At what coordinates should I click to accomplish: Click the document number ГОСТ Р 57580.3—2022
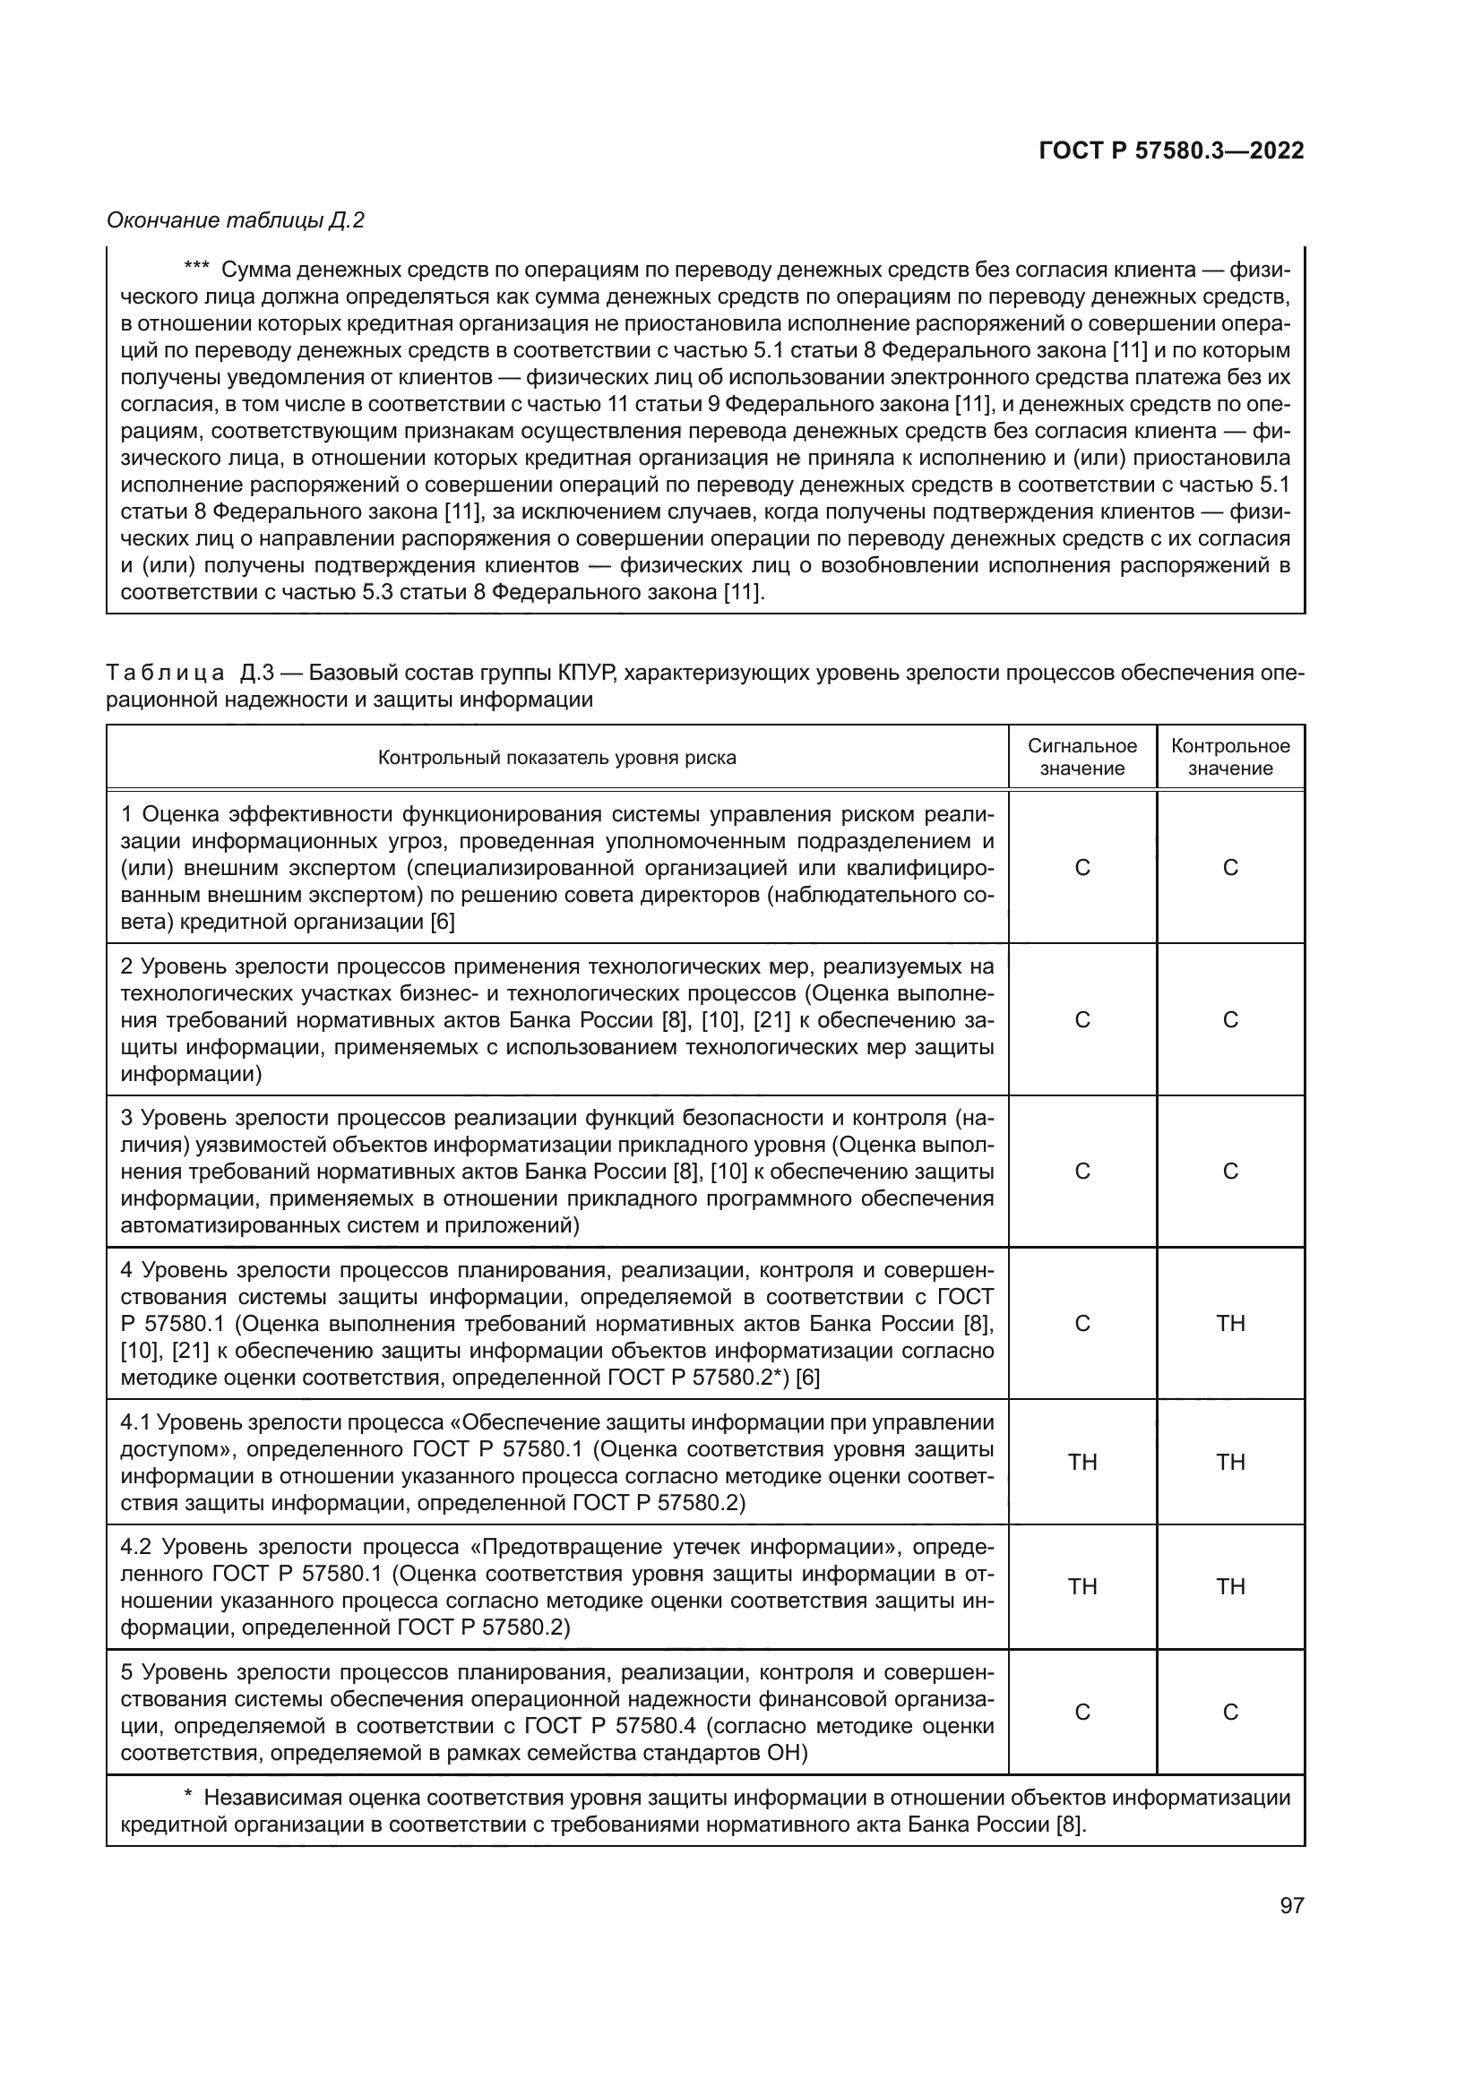1171,151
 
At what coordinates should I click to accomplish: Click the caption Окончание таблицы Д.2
236,220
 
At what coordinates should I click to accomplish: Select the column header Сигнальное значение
1082,757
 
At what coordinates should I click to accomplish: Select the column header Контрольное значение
1230,757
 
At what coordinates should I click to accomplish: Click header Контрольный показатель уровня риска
556,758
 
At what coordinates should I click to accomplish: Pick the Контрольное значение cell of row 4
1230,1323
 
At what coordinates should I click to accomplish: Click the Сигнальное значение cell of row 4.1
1082,1462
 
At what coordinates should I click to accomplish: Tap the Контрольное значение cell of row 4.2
1230,1586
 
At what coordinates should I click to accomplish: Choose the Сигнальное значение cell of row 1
1082,867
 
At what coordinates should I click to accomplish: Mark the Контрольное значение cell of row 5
1230,1712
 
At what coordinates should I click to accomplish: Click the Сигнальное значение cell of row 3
1082,1171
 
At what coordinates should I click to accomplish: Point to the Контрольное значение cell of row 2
1230,1019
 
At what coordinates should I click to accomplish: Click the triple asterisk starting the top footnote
196,269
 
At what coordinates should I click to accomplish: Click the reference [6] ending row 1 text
442,922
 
